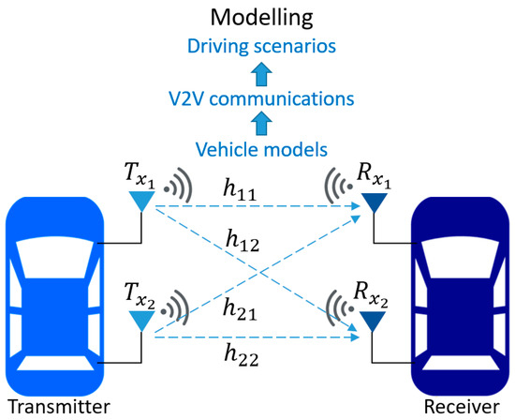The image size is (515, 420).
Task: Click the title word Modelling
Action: tap(258, 17)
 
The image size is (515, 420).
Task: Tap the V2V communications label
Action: tap(258, 97)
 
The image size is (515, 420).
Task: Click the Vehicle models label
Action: tap(258, 148)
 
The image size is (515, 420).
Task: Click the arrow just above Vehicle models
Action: tap(258, 123)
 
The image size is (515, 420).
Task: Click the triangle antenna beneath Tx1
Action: tap(141, 200)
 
